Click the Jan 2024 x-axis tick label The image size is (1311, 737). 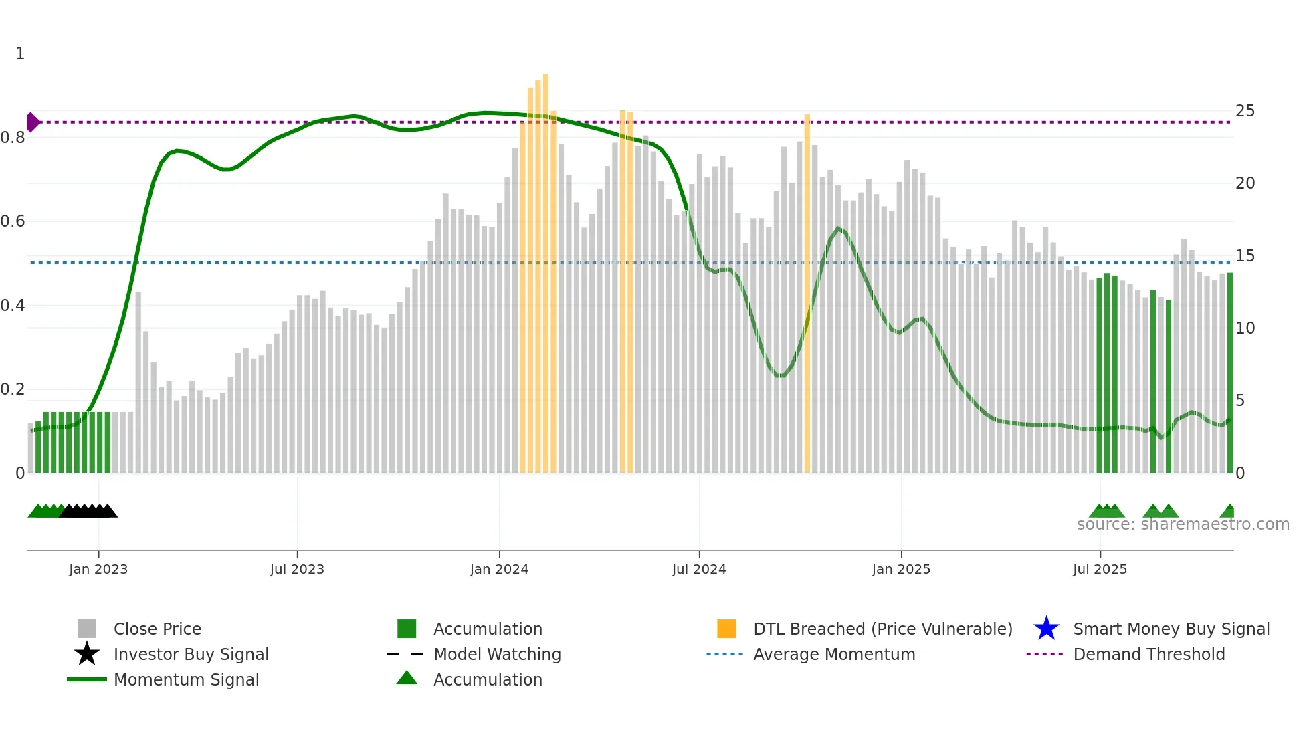click(x=499, y=569)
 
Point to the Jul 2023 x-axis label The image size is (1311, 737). click(x=297, y=569)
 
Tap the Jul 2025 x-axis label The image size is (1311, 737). click(x=1100, y=569)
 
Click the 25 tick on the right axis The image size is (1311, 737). click(x=1245, y=111)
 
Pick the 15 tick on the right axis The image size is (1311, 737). click(x=1245, y=256)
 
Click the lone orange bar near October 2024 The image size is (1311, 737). click(x=807, y=294)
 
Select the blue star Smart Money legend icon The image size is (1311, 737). click(x=1046, y=629)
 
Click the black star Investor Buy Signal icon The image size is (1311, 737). click(x=87, y=654)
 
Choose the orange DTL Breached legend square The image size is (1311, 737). click(x=726, y=629)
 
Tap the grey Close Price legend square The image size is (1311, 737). click(x=87, y=629)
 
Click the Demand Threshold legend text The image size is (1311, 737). click(x=1148, y=654)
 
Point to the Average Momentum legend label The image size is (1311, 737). click(x=834, y=654)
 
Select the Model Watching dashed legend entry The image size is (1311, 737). click(x=405, y=654)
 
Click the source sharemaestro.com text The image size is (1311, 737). click(x=1183, y=524)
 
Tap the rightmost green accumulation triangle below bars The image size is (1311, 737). click(x=1228, y=512)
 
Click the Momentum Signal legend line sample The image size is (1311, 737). click(x=87, y=679)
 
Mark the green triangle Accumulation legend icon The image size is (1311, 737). click(x=407, y=678)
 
